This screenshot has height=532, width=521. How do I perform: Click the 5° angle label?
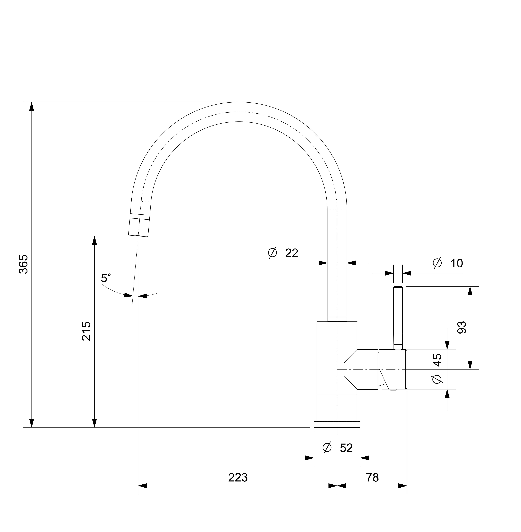pyautogui.click(x=106, y=278)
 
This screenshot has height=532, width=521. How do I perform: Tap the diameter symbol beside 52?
pyautogui.click(x=327, y=448)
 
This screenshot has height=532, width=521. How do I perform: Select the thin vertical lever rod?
pyautogui.click(x=398, y=318)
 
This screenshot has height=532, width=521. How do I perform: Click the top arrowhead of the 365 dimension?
pyautogui.click(x=32, y=107)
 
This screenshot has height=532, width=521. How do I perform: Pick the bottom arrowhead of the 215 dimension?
pyautogui.click(x=94, y=423)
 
